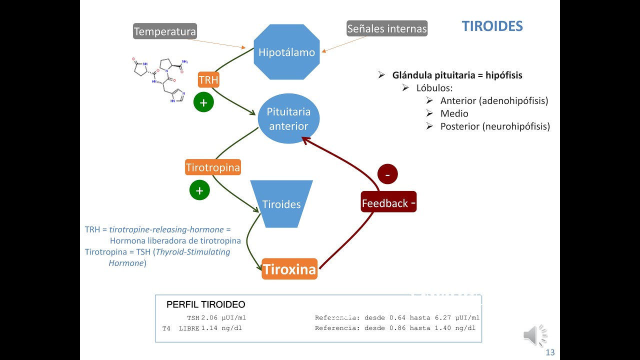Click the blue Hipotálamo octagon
286,52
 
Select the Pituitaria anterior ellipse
288,119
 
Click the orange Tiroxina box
289,269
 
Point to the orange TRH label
208,80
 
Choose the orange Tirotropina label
213,167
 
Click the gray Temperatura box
165,32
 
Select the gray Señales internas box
387,28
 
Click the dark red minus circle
387,174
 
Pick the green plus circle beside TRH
203,103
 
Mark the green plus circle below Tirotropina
199,190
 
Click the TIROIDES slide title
492,26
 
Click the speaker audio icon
535,335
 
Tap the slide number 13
550,352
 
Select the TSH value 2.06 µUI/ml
223,317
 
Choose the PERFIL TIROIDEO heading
205,304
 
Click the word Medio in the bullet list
454,113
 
